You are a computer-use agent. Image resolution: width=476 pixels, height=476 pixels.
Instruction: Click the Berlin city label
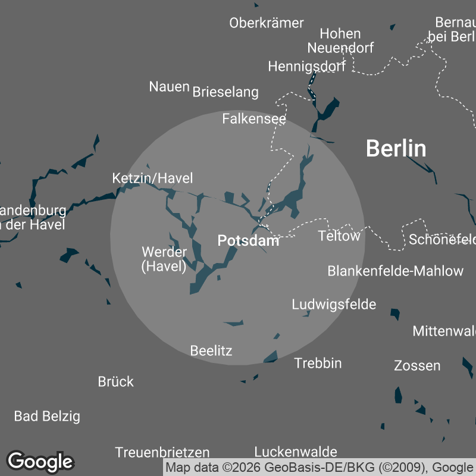(x=396, y=148)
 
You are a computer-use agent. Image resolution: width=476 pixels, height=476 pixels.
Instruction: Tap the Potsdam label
(x=248, y=240)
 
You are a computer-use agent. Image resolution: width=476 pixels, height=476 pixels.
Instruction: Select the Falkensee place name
(x=254, y=119)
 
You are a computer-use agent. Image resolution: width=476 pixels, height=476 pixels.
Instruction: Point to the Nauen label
(x=169, y=86)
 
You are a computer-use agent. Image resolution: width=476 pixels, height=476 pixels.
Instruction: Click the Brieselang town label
(x=226, y=92)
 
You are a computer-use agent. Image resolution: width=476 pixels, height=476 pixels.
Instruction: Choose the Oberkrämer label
(x=267, y=23)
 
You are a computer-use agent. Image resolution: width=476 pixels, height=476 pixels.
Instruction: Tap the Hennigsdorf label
(x=306, y=66)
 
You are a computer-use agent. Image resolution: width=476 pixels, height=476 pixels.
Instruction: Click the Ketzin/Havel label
(x=152, y=178)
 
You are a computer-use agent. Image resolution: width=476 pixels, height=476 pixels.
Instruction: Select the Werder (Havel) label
(x=164, y=259)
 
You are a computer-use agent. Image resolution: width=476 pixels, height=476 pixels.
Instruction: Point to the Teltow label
(x=339, y=236)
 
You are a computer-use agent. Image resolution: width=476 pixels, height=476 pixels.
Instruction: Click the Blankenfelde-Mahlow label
(x=395, y=271)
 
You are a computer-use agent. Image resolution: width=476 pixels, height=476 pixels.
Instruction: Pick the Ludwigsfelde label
(x=334, y=305)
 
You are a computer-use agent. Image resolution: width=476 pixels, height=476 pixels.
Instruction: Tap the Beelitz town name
(x=211, y=350)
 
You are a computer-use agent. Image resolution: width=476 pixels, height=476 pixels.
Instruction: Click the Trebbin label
(x=318, y=363)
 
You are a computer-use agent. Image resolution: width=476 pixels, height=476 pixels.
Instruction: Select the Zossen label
(x=417, y=365)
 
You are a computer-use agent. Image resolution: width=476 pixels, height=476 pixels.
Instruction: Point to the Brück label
(x=116, y=381)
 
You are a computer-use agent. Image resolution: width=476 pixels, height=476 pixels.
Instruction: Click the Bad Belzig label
(x=47, y=416)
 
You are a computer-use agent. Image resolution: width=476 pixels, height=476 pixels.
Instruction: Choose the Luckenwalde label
(x=296, y=452)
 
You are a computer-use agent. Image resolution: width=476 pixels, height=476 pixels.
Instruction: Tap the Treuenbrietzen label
(x=162, y=452)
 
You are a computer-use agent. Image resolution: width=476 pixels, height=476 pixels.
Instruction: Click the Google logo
(x=40, y=461)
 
